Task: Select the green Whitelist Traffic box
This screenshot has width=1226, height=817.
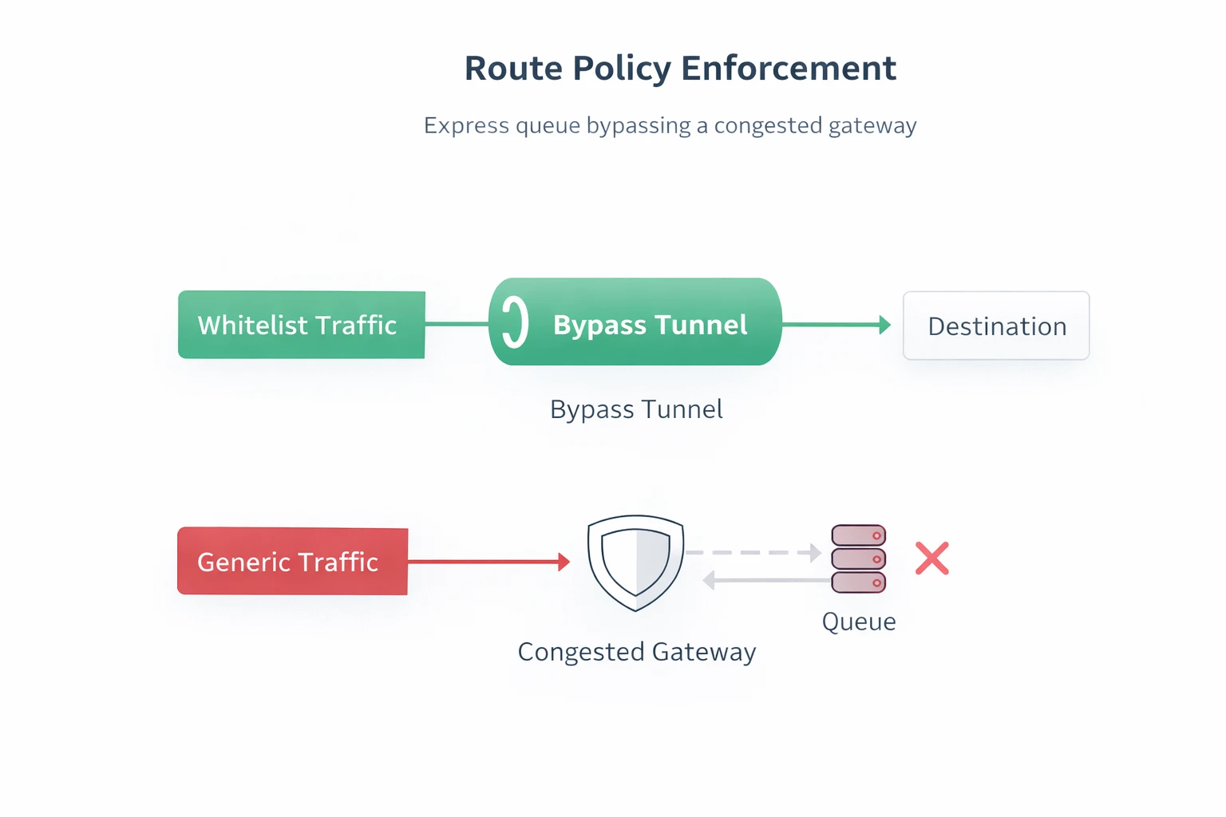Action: [301, 325]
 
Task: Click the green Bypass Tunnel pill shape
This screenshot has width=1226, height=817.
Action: [635, 322]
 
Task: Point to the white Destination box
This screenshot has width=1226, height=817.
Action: [996, 326]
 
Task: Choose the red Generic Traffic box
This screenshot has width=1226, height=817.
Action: [292, 561]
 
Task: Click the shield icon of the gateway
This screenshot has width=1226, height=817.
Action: [635, 562]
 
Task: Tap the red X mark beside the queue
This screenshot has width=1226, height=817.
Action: [932, 558]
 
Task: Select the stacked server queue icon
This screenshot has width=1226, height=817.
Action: [859, 558]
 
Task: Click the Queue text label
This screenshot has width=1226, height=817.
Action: [859, 622]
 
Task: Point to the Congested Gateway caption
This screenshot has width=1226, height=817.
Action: [636, 652]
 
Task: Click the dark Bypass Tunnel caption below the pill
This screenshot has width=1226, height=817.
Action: [636, 409]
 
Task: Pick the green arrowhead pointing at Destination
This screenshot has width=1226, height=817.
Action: [884, 325]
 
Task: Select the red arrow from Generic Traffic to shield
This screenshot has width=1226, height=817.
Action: [488, 562]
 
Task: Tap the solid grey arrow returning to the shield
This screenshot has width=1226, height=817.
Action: [766, 580]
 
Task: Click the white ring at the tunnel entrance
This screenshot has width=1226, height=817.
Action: [516, 322]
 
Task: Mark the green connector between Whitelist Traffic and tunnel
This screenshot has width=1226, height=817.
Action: [457, 323]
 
